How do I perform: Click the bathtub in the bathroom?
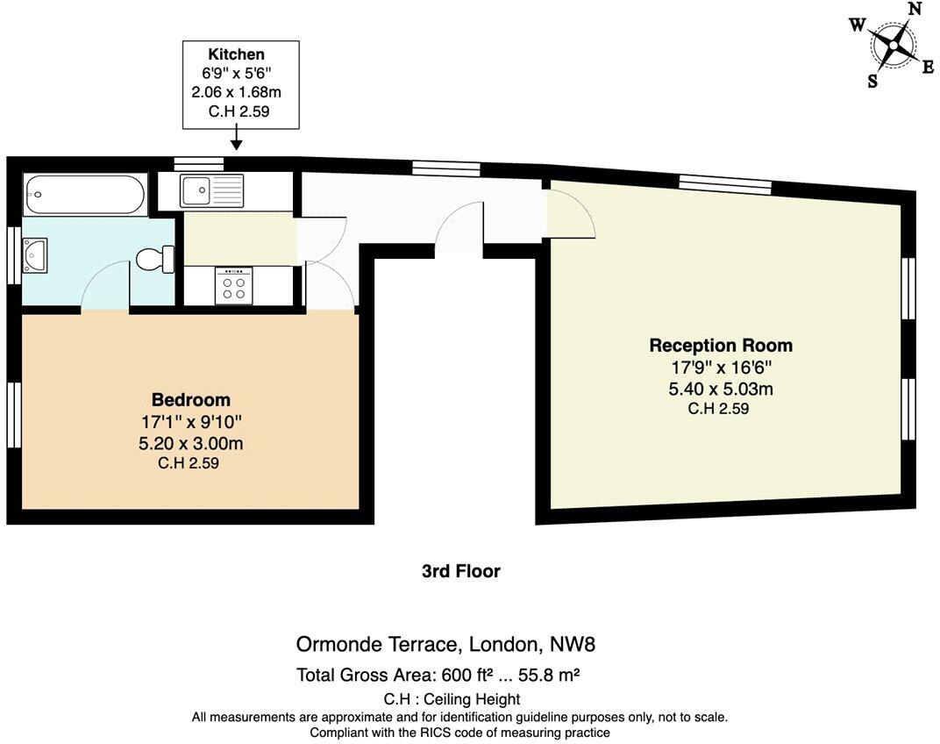[84, 194]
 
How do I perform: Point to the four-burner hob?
[234, 286]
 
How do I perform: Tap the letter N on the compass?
[915, 10]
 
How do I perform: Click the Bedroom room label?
[190, 400]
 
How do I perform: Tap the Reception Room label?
[720, 345]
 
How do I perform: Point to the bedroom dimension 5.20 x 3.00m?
[190, 443]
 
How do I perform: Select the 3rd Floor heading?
[460, 571]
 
